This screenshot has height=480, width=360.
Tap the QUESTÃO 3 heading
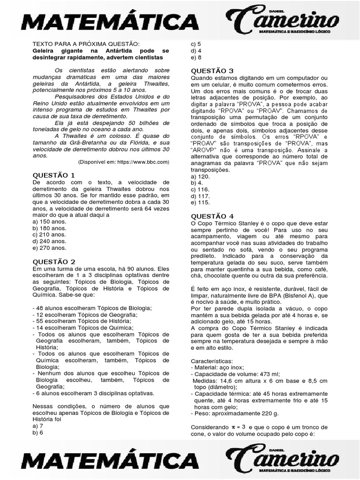212,71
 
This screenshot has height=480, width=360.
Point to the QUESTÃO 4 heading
212,216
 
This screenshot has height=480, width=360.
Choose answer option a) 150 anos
50,221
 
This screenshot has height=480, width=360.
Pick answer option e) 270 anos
50,247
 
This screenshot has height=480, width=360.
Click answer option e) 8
196,57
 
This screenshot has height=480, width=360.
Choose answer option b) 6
38,433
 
